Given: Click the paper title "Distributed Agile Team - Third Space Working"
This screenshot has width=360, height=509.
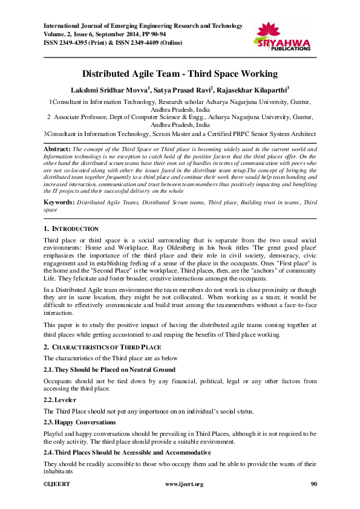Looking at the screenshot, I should tap(180, 74).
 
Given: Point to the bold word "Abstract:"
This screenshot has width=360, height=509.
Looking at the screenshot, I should tap(57, 149).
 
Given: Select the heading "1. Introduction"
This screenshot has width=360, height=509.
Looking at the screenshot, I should tap(71, 229).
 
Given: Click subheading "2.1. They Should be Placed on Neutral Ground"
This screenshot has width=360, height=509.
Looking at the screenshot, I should tap(109, 369).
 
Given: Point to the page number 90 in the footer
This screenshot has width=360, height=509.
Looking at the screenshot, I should tap(313, 484).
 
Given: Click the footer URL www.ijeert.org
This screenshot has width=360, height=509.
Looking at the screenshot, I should tap(184, 484).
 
